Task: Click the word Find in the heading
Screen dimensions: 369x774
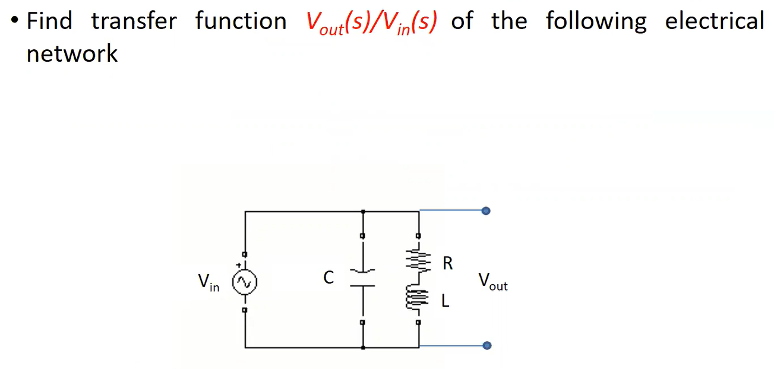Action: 50,21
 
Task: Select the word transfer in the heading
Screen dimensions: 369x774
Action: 134,21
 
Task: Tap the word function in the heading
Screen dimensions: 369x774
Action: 241,21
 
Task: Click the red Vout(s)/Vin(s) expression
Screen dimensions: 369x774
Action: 372,23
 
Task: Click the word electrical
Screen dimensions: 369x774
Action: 714,21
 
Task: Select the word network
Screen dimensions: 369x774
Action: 72,53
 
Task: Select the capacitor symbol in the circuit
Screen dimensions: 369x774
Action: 362,278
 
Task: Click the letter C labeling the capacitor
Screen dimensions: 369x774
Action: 328,277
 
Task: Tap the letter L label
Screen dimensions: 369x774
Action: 446,301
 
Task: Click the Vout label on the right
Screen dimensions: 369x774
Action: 492,281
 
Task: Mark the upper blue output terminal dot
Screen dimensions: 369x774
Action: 486,211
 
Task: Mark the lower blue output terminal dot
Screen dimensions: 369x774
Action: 486,345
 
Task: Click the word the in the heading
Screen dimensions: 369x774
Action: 509,21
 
